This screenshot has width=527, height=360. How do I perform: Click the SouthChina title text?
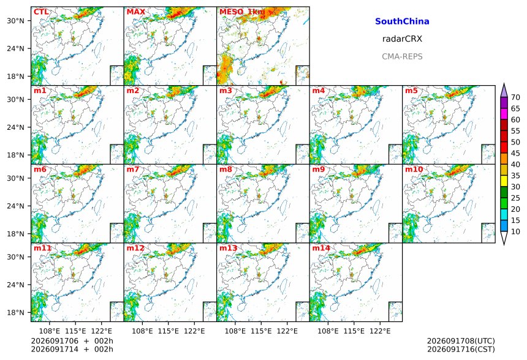[x=402, y=21]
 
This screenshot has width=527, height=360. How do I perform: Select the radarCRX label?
[x=402, y=39]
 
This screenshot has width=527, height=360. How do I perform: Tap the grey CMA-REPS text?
[x=402, y=56]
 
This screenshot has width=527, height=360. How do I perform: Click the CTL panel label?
[x=41, y=12]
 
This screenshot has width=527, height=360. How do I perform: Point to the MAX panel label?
[x=136, y=12]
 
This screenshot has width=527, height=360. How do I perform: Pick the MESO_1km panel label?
[x=242, y=12]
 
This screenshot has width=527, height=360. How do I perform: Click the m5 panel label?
[x=411, y=91]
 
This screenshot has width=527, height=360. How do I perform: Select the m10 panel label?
[x=414, y=169]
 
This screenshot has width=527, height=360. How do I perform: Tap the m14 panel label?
[x=321, y=248]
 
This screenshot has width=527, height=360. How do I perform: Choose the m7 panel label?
[x=133, y=169]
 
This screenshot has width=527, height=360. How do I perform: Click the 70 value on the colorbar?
[x=515, y=97]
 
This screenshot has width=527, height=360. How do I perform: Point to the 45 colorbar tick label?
[x=515, y=153]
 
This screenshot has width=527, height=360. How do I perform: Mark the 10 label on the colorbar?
[x=515, y=231]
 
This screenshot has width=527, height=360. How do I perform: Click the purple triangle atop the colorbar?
[x=504, y=91]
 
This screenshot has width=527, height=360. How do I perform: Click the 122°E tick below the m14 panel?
[x=380, y=331]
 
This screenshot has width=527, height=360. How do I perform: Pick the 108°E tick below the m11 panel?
[x=50, y=331]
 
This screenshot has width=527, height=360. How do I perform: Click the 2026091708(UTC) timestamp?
[x=461, y=341]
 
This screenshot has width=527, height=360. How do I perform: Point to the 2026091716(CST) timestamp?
[x=461, y=349]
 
